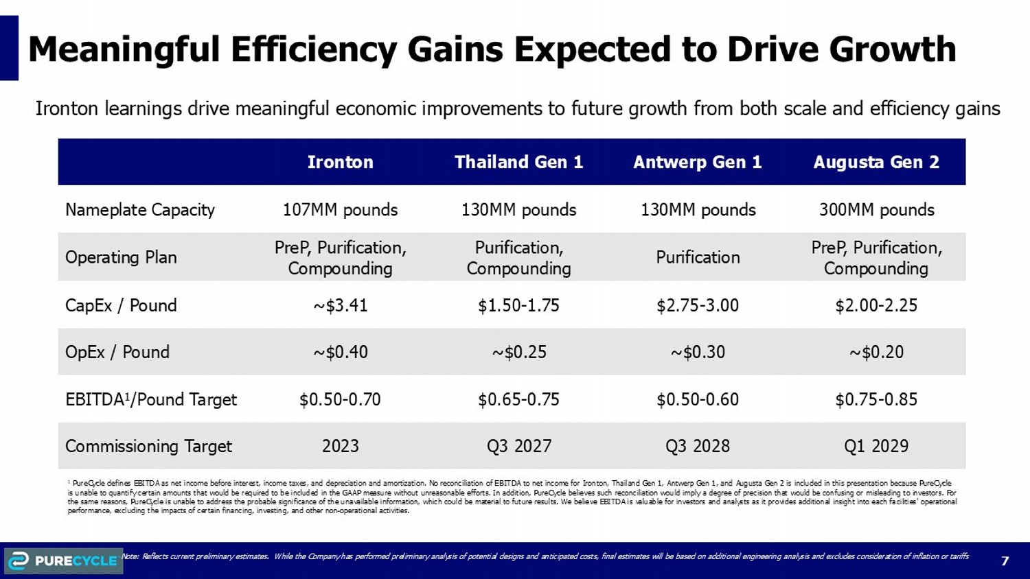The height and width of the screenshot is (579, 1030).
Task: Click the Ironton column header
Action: [x=340, y=162]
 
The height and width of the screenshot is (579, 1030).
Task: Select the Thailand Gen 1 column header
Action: [x=518, y=162]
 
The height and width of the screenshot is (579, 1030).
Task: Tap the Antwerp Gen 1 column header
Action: [x=697, y=162]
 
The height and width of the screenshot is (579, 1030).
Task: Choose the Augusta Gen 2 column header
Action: [x=876, y=162]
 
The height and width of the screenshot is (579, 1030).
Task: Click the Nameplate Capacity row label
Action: [x=140, y=210]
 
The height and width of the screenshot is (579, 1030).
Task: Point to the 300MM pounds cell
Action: [x=876, y=210]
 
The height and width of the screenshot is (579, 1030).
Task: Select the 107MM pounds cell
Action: [x=340, y=210]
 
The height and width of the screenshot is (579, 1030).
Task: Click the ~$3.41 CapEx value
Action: [x=340, y=305]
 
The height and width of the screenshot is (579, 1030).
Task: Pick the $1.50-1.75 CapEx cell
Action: [x=518, y=305]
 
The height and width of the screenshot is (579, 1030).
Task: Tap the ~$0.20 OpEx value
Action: [x=876, y=352]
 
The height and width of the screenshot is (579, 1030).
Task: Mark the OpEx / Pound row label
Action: [x=117, y=352]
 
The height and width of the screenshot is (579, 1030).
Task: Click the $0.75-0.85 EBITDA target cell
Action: [x=876, y=399]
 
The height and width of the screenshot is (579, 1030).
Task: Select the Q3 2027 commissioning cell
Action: [x=518, y=446]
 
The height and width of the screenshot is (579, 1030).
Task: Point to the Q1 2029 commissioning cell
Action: [x=876, y=446]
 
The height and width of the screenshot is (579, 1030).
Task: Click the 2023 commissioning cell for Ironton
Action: [x=340, y=446]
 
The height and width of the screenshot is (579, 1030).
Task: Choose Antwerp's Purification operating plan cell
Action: [x=697, y=257]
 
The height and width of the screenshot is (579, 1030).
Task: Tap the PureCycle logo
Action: [x=63, y=560]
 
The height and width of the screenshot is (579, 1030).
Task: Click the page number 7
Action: [x=1005, y=561]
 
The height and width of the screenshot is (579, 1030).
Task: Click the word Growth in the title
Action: [x=892, y=49]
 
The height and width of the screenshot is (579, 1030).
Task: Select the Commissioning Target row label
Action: [x=148, y=446]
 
